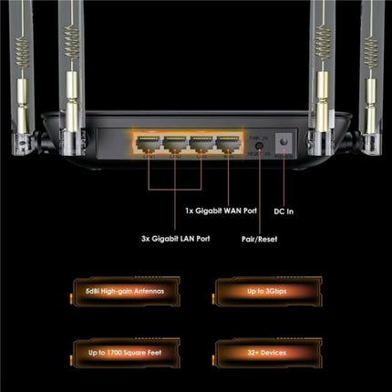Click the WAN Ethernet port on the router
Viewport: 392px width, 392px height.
227,143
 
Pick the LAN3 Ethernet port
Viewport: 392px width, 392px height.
201,143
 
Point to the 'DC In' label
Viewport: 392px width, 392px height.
284,212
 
